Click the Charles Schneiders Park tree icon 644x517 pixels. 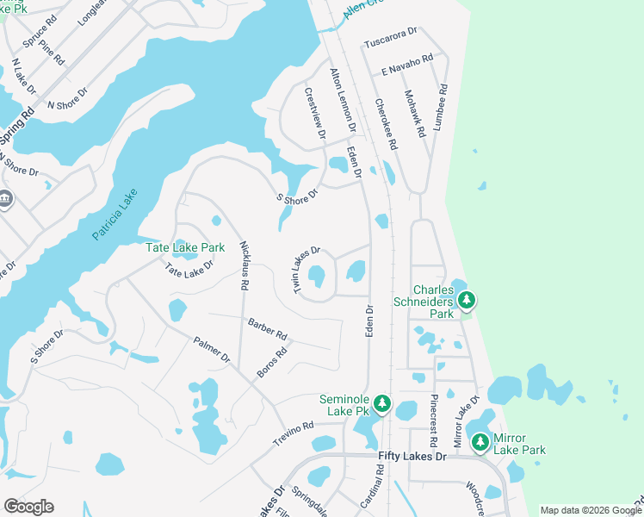pos(467,301)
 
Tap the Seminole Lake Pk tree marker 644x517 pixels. pos(382,403)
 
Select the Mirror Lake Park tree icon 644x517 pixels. pos(480,443)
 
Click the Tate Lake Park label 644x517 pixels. pos(185,247)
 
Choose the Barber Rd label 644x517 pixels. pos(267,328)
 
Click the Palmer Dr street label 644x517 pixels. pos(212,350)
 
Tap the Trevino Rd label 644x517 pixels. pos(294,428)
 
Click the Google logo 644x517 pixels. pos(28,506)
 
